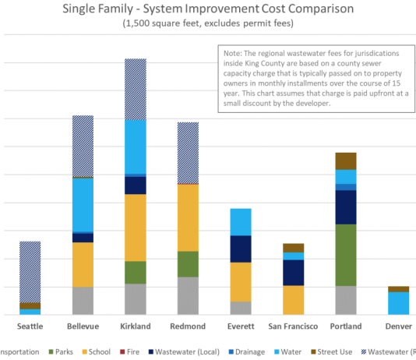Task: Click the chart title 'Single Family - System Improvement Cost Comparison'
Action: (205, 9)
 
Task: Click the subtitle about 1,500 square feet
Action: (205, 23)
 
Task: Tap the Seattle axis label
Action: (30, 326)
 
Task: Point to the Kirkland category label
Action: (136, 326)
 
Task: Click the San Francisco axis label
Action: (294, 326)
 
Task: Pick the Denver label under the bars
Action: (398, 326)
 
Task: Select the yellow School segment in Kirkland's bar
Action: (136, 227)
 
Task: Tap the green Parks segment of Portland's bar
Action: (346, 255)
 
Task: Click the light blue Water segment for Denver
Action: (398, 303)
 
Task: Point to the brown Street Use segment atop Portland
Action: (346, 161)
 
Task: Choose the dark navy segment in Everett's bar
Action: (241, 249)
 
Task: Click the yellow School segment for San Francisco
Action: (294, 300)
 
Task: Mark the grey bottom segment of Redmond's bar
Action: (189, 295)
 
